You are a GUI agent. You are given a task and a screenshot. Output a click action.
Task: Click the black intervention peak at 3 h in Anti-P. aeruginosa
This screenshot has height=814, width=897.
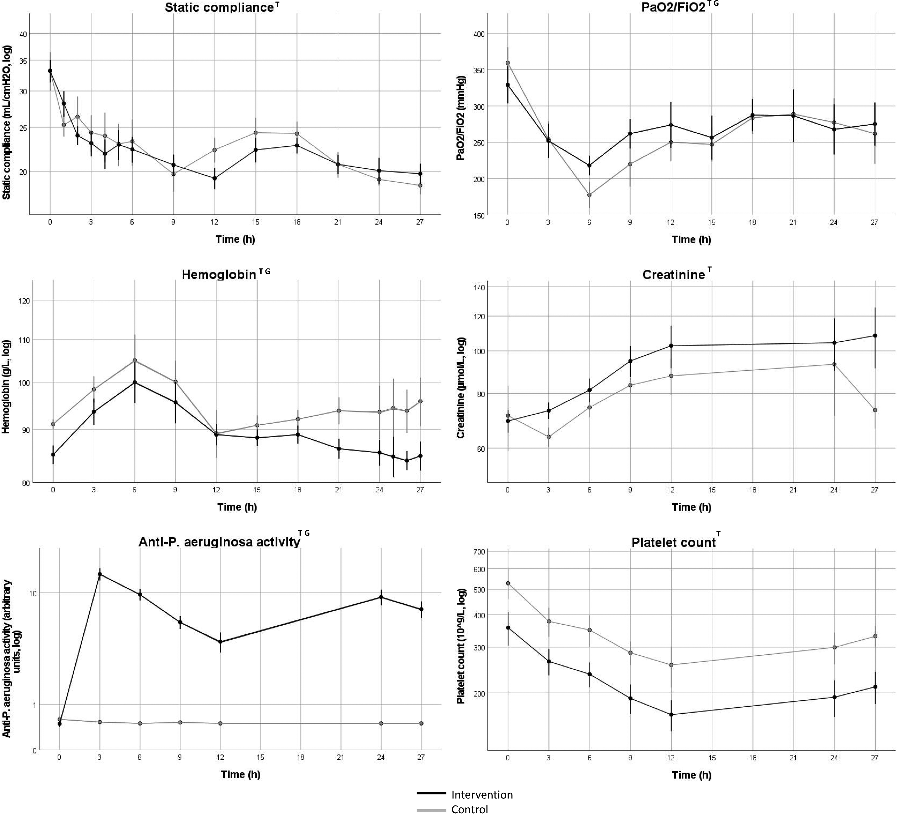100,574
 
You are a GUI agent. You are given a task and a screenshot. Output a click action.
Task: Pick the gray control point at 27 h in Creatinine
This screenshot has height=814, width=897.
875,410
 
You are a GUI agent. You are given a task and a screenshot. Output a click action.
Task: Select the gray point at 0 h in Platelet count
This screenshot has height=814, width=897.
508,583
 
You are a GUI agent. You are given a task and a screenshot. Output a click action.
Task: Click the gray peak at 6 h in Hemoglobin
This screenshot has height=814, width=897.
134,360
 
